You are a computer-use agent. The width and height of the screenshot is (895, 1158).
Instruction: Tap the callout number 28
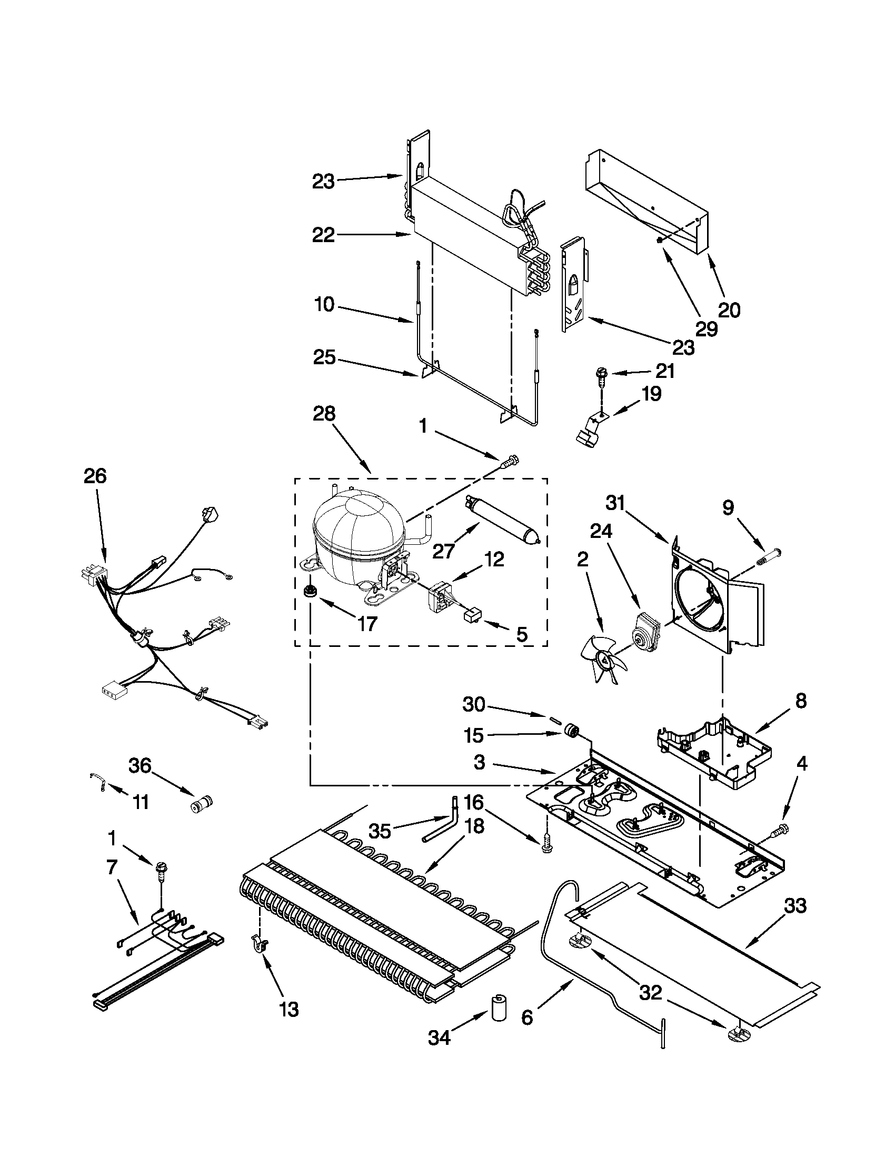click(x=324, y=413)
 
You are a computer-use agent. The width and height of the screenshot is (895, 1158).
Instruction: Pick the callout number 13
click(x=290, y=1010)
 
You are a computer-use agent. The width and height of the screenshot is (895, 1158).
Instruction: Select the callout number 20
click(x=729, y=309)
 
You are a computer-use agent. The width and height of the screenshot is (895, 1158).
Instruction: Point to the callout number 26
click(x=95, y=476)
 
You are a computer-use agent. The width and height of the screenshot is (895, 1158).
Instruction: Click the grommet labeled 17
click(x=307, y=591)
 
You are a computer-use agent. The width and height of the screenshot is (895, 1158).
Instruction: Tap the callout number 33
click(x=795, y=905)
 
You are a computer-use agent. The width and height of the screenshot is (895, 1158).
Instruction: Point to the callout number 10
click(x=324, y=305)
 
